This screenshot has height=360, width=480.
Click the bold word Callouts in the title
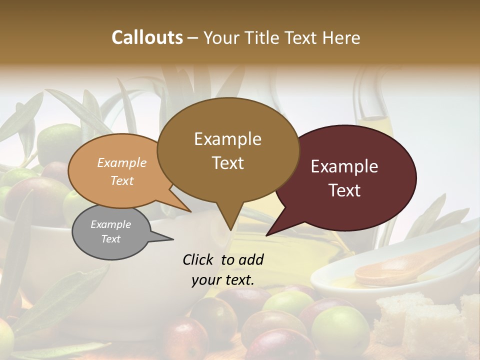point(147,37)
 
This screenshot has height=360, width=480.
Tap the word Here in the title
point(340,37)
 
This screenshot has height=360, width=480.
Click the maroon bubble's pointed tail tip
point(268,234)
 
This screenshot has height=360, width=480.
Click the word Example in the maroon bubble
point(344,166)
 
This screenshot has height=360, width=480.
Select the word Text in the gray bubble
point(110,239)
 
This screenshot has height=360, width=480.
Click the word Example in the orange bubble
point(122,162)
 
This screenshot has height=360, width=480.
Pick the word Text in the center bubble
point(227,163)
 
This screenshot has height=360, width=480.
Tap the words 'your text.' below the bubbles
point(222,280)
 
